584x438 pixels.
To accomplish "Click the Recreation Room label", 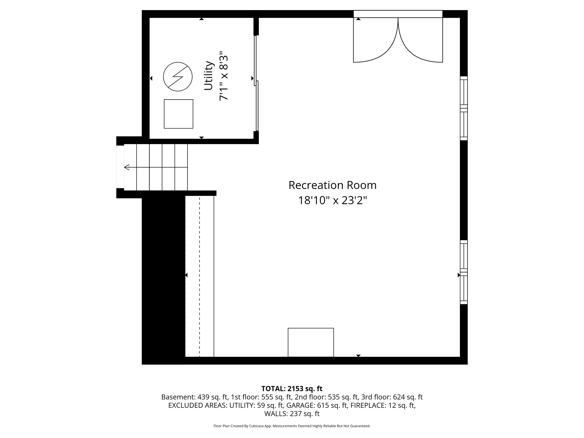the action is tap(332, 185).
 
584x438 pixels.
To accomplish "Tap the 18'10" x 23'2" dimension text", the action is tap(332, 200).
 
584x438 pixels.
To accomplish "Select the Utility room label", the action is tap(209, 76).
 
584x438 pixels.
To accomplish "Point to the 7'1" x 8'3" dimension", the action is tap(224, 76).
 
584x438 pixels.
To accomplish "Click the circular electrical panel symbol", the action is tap(178, 77).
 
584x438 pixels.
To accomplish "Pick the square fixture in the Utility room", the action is tap(179, 114).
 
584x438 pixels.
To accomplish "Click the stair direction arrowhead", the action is tap(127, 167).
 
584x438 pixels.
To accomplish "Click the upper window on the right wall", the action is tap(464, 108).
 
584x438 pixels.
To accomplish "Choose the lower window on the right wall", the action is tap(464, 272).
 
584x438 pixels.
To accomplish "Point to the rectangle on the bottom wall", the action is tap(311, 342).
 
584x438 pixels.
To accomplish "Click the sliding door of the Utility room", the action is tap(256, 83).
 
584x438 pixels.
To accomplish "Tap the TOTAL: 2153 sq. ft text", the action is tap(292, 389).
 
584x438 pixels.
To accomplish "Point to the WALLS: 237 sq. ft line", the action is tap(292, 413).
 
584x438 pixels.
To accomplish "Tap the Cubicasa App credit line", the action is tap(292, 426).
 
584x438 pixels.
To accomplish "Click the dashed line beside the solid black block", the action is tap(199, 276).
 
